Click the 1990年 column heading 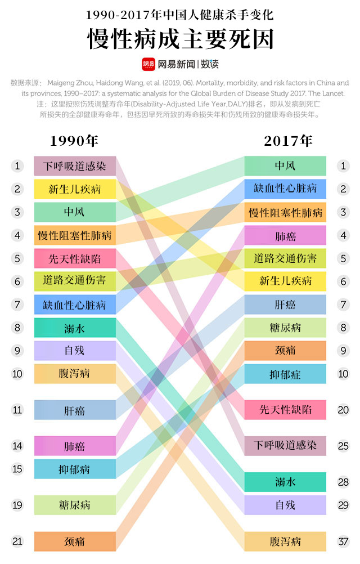coord(74,141)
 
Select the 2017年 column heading coord(287,141)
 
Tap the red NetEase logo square coord(148,64)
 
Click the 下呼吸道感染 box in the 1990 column coord(74,166)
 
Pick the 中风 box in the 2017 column coord(285,165)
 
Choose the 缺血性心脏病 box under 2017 coord(285,189)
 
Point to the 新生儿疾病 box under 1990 coord(74,189)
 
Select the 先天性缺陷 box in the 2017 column coord(285,409)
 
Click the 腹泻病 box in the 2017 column coord(285,541)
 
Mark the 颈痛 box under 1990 coord(74,541)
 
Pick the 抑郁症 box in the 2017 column coord(285,374)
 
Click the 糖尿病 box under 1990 coord(74,505)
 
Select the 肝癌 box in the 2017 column coord(285,305)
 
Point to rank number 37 coord(343,541)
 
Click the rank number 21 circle coord(17,541)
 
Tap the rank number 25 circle coord(343,446)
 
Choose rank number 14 coord(17,446)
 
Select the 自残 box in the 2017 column coord(285,505)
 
